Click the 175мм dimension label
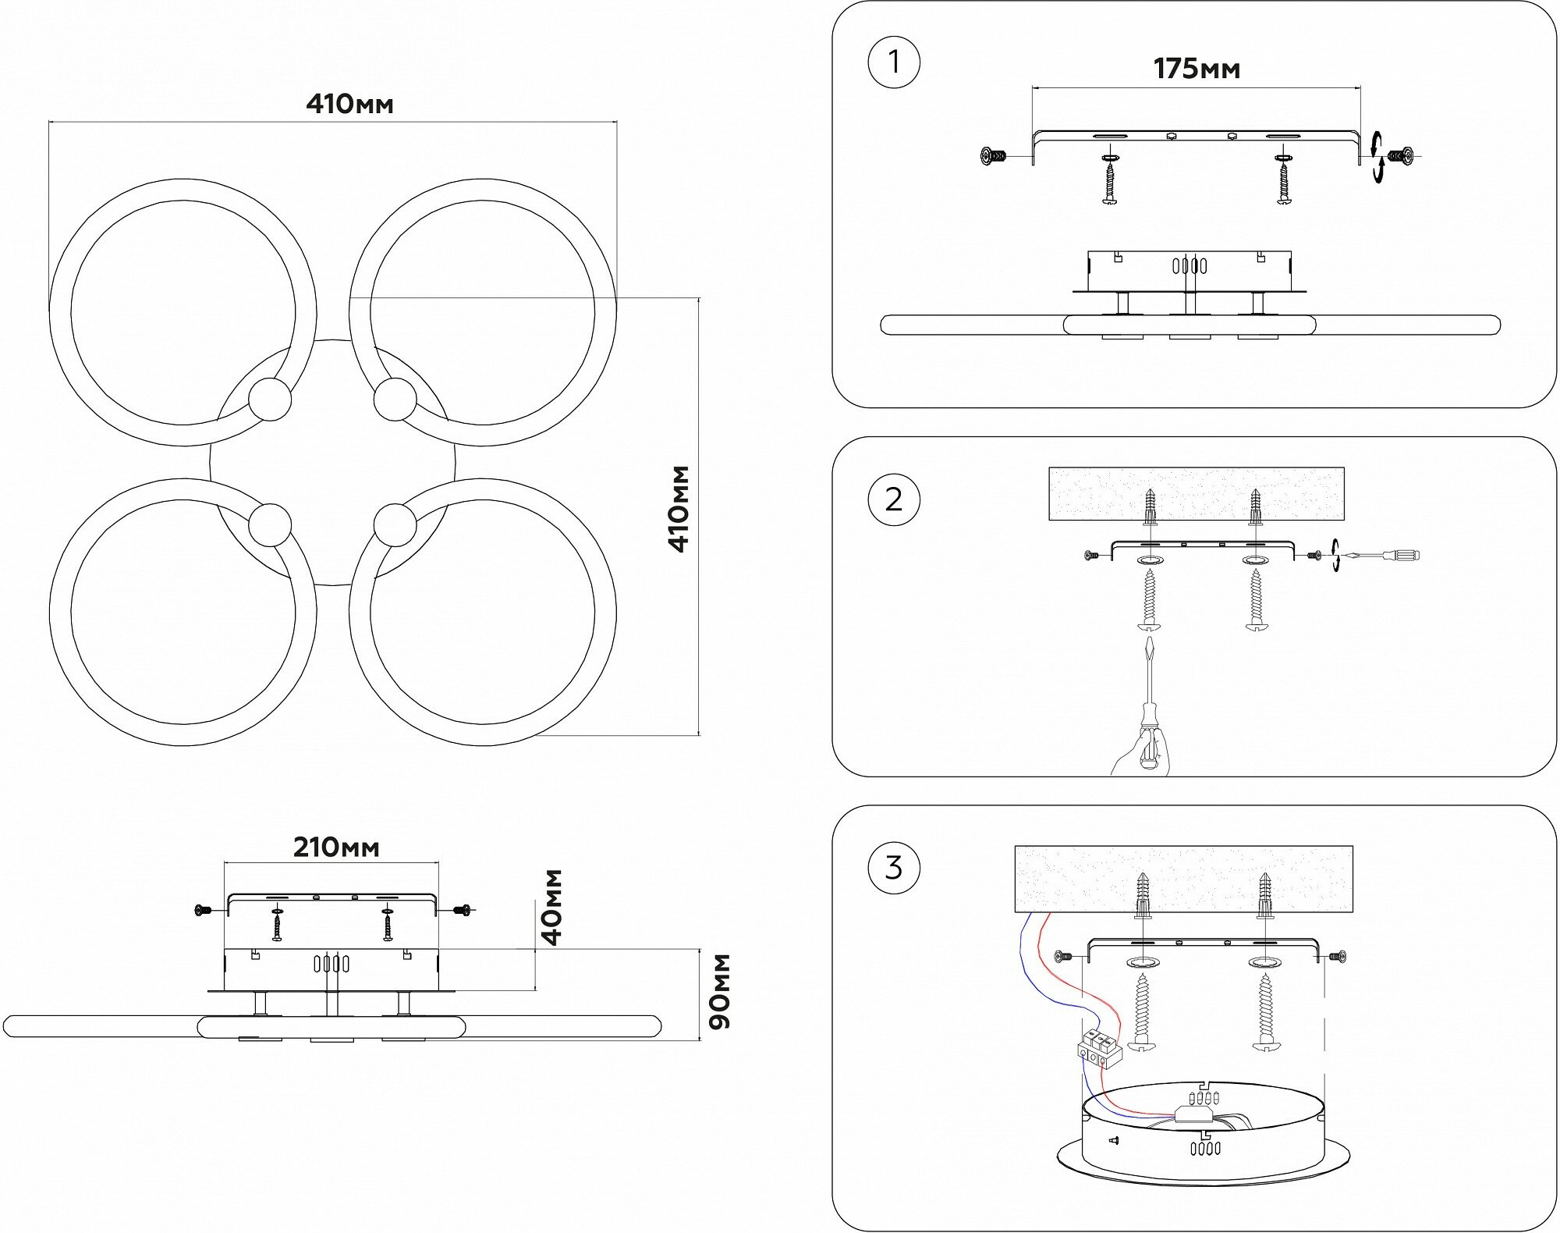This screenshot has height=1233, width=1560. pyautogui.click(x=1197, y=69)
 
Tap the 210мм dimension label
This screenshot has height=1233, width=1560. pyautogui.click(x=336, y=847)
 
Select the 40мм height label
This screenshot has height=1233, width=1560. pyautogui.click(x=552, y=906)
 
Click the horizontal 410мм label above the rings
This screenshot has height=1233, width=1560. pyautogui.click(x=349, y=105)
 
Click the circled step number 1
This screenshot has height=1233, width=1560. pyautogui.click(x=894, y=62)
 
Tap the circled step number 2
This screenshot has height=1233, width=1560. pyautogui.click(x=894, y=499)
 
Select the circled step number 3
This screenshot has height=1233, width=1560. pyautogui.click(x=894, y=867)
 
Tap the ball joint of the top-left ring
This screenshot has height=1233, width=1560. pyautogui.click(x=270, y=400)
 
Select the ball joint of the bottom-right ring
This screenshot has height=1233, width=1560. pyautogui.click(x=395, y=524)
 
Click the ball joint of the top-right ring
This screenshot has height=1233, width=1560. pyautogui.click(x=395, y=400)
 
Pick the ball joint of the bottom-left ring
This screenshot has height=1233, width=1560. pyautogui.click(x=270, y=524)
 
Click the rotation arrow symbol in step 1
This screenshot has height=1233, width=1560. pyautogui.click(x=1377, y=158)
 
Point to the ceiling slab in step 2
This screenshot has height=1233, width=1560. pyautogui.click(x=1197, y=493)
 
